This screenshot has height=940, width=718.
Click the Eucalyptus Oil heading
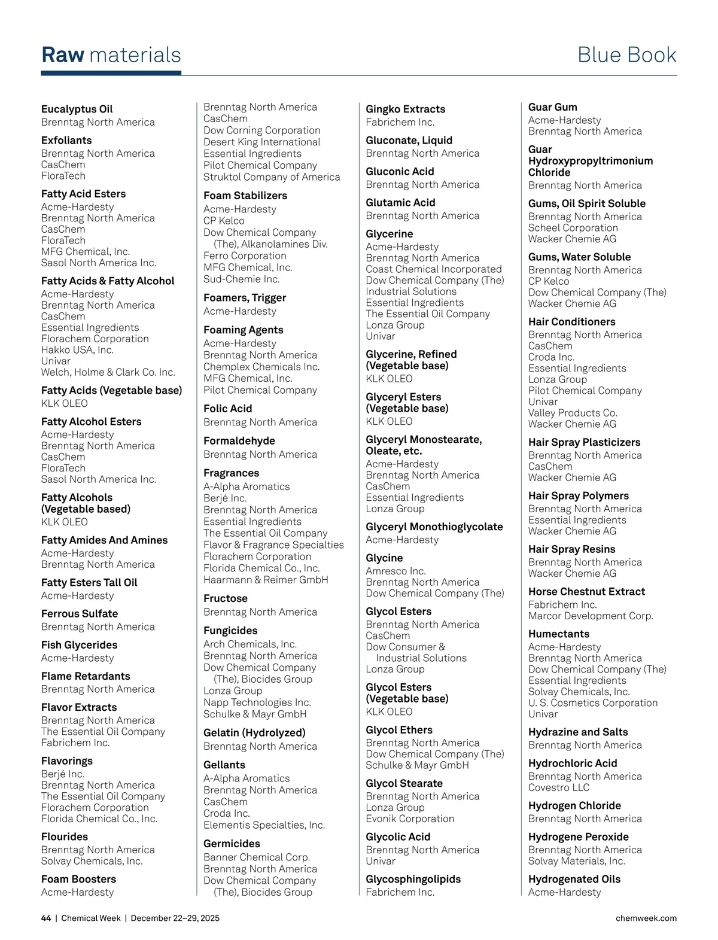(x=77, y=109)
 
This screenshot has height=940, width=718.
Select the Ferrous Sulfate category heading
(x=80, y=613)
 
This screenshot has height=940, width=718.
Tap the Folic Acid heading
(x=227, y=409)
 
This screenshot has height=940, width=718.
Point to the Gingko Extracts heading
(x=405, y=109)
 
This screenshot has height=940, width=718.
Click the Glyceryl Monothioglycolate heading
(x=434, y=527)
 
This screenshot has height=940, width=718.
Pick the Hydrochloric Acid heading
(x=572, y=763)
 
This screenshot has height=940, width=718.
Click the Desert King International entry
(x=261, y=142)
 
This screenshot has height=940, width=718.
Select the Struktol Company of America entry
(x=272, y=177)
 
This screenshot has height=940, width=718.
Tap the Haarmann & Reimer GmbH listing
(x=266, y=579)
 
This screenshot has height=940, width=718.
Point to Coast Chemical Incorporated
(x=433, y=269)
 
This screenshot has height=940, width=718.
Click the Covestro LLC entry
(x=558, y=787)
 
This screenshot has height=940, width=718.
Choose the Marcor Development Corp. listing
(x=590, y=616)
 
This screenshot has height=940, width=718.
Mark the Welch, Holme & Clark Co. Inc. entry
(x=108, y=372)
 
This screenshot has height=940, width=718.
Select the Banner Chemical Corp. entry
(x=256, y=857)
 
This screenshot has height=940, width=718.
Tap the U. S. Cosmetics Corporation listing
(x=592, y=702)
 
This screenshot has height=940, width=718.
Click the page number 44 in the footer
(x=46, y=918)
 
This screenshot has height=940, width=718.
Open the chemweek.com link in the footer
(x=646, y=918)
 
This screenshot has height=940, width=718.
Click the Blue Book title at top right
(x=626, y=55)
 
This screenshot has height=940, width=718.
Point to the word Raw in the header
(x=63, y=55)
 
